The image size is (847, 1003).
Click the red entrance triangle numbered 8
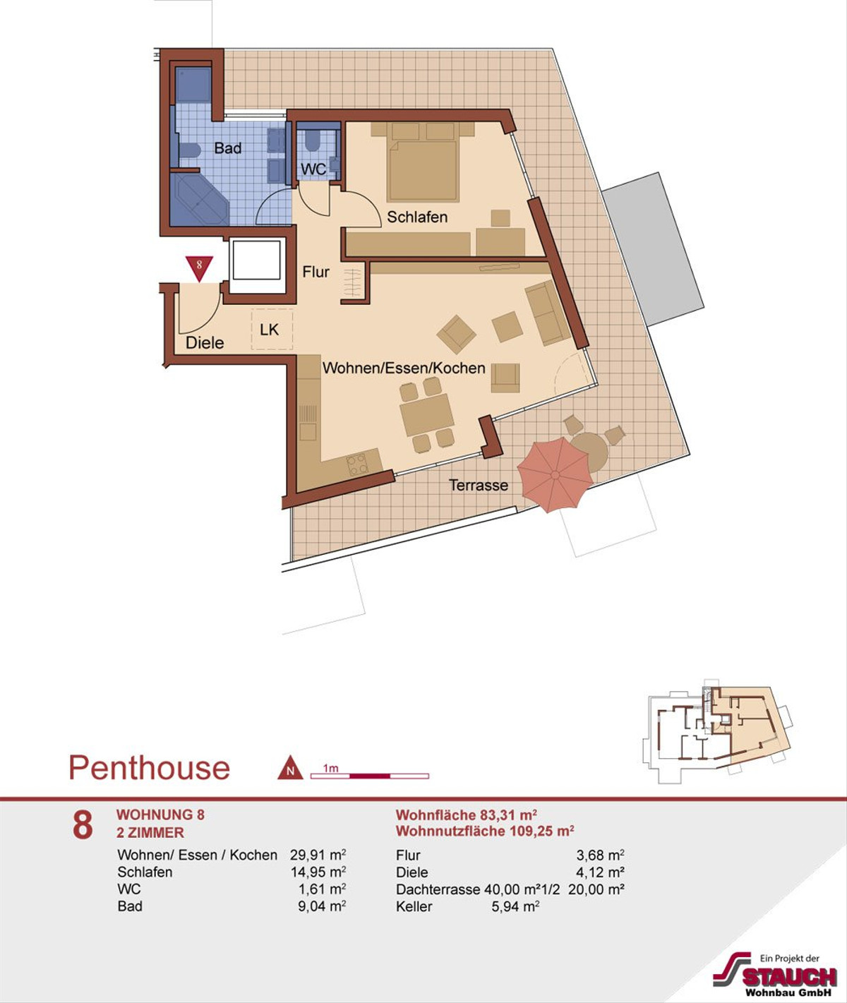[199, 268]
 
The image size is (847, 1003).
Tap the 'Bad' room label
[228, 148]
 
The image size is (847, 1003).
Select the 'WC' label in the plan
[313, 169]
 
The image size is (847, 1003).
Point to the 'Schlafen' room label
[417, 217]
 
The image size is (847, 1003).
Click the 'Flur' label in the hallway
[316, 272]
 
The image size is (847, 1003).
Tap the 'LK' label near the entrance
[269, 330]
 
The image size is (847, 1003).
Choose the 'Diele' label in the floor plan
[205, 343]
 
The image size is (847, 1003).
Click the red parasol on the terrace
[555, 475]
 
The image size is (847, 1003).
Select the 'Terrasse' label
[479, 485]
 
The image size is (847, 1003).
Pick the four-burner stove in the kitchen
[358, 465]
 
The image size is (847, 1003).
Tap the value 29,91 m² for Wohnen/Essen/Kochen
[318, 855]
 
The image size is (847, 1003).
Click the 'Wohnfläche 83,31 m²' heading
[466, 815]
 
